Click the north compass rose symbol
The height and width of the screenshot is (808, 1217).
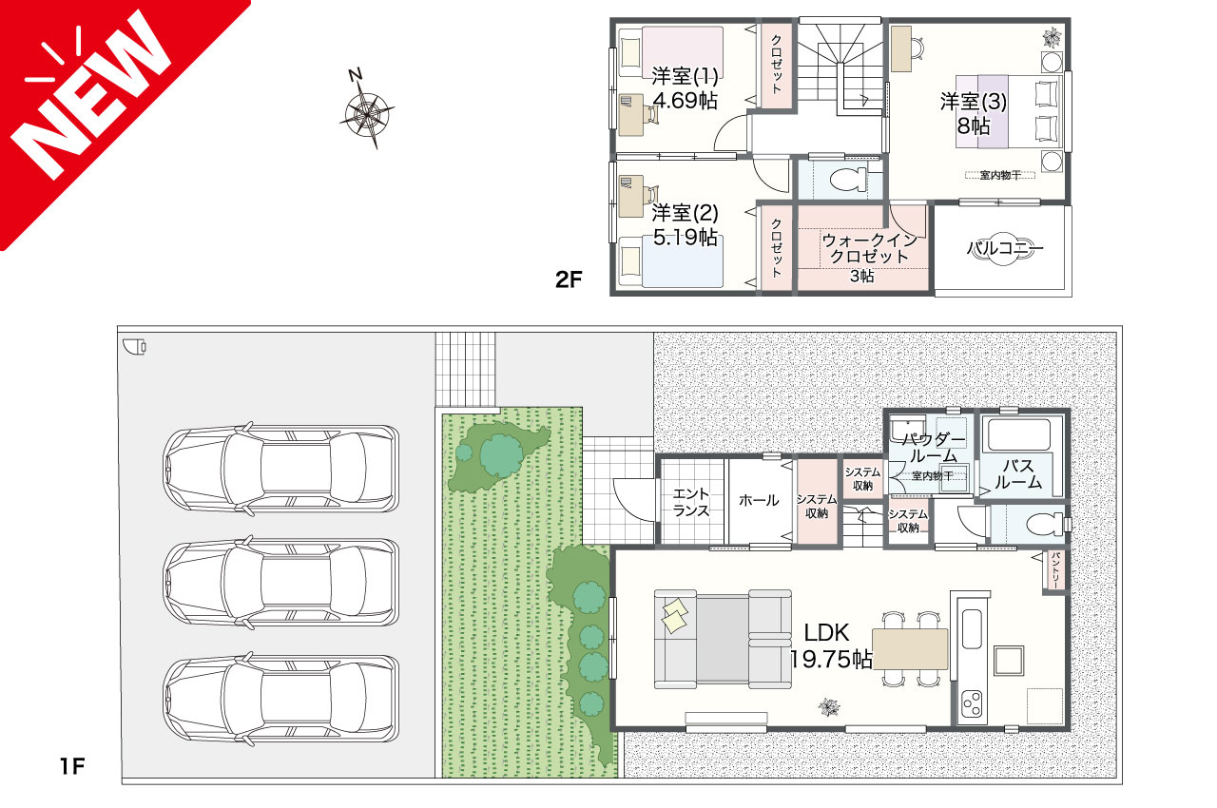click(x=366, y=112)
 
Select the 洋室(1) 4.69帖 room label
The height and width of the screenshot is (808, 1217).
click(x=684, y=87)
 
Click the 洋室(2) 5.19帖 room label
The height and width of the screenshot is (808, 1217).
click(x=684, y=225)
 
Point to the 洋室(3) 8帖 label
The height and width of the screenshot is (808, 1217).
click(x=974, y=112)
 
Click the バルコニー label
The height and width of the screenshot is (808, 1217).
click(x=1004, y=250)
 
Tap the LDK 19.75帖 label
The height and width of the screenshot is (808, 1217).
click(x=831, y=646)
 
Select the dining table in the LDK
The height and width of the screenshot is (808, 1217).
click(x=910, y=649)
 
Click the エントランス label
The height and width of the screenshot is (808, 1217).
click(x=691, y=500)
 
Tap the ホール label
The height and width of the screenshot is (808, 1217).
click(x=759, y=500)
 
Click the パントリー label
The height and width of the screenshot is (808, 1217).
click(x=1054, y=571)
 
